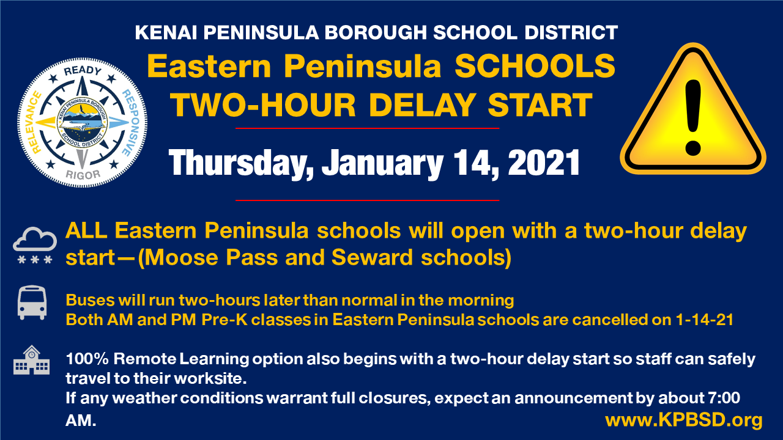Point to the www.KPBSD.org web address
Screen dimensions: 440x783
[684, 420]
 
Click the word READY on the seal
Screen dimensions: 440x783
[82, 71]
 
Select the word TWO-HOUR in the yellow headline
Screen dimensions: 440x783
[263, 105]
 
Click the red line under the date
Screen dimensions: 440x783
[367, 200]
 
